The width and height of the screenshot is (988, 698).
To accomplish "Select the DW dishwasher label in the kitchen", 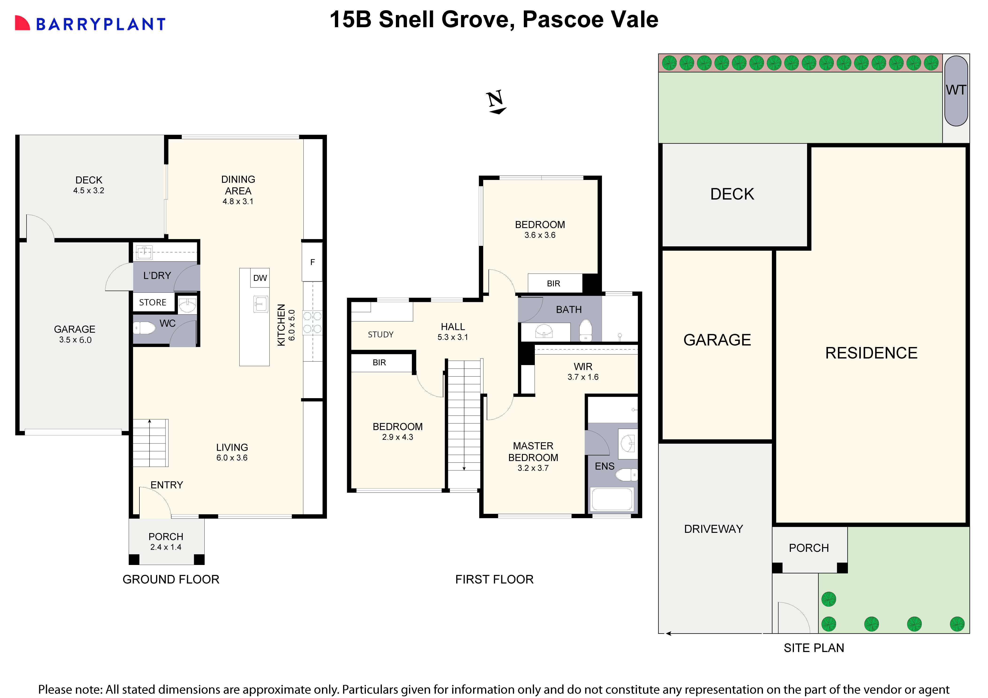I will click(260, 278).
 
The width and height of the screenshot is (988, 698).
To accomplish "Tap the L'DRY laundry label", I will click(157, 275).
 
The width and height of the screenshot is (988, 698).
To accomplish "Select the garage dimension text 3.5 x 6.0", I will click(75, 340).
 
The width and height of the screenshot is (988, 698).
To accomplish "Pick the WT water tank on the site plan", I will click(956, 90).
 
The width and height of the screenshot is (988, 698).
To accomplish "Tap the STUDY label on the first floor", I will click(380, 334).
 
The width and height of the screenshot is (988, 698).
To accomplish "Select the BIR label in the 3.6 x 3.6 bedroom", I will click(553, 284).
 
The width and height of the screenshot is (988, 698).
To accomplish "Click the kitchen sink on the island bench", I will click(260, 304).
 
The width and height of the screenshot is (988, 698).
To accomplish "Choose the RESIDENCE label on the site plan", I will click(871, 353).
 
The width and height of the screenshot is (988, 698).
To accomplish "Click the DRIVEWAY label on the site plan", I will click(713, 529).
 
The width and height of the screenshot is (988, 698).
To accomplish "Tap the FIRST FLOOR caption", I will click(494, 579).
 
